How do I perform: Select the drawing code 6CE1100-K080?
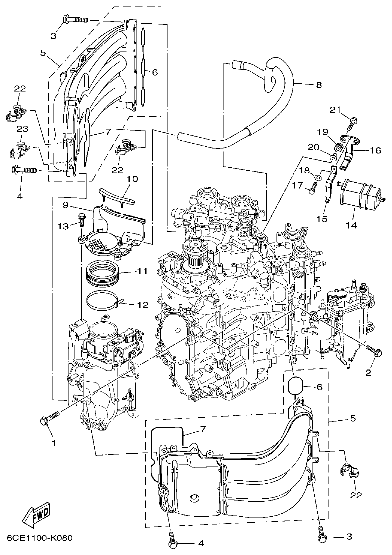pos(40,539)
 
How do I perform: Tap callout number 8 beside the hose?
pos(319,85)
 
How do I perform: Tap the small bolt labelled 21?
pos(353,121)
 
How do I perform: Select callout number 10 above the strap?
pos(132,179)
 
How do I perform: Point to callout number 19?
pos(322,132)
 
